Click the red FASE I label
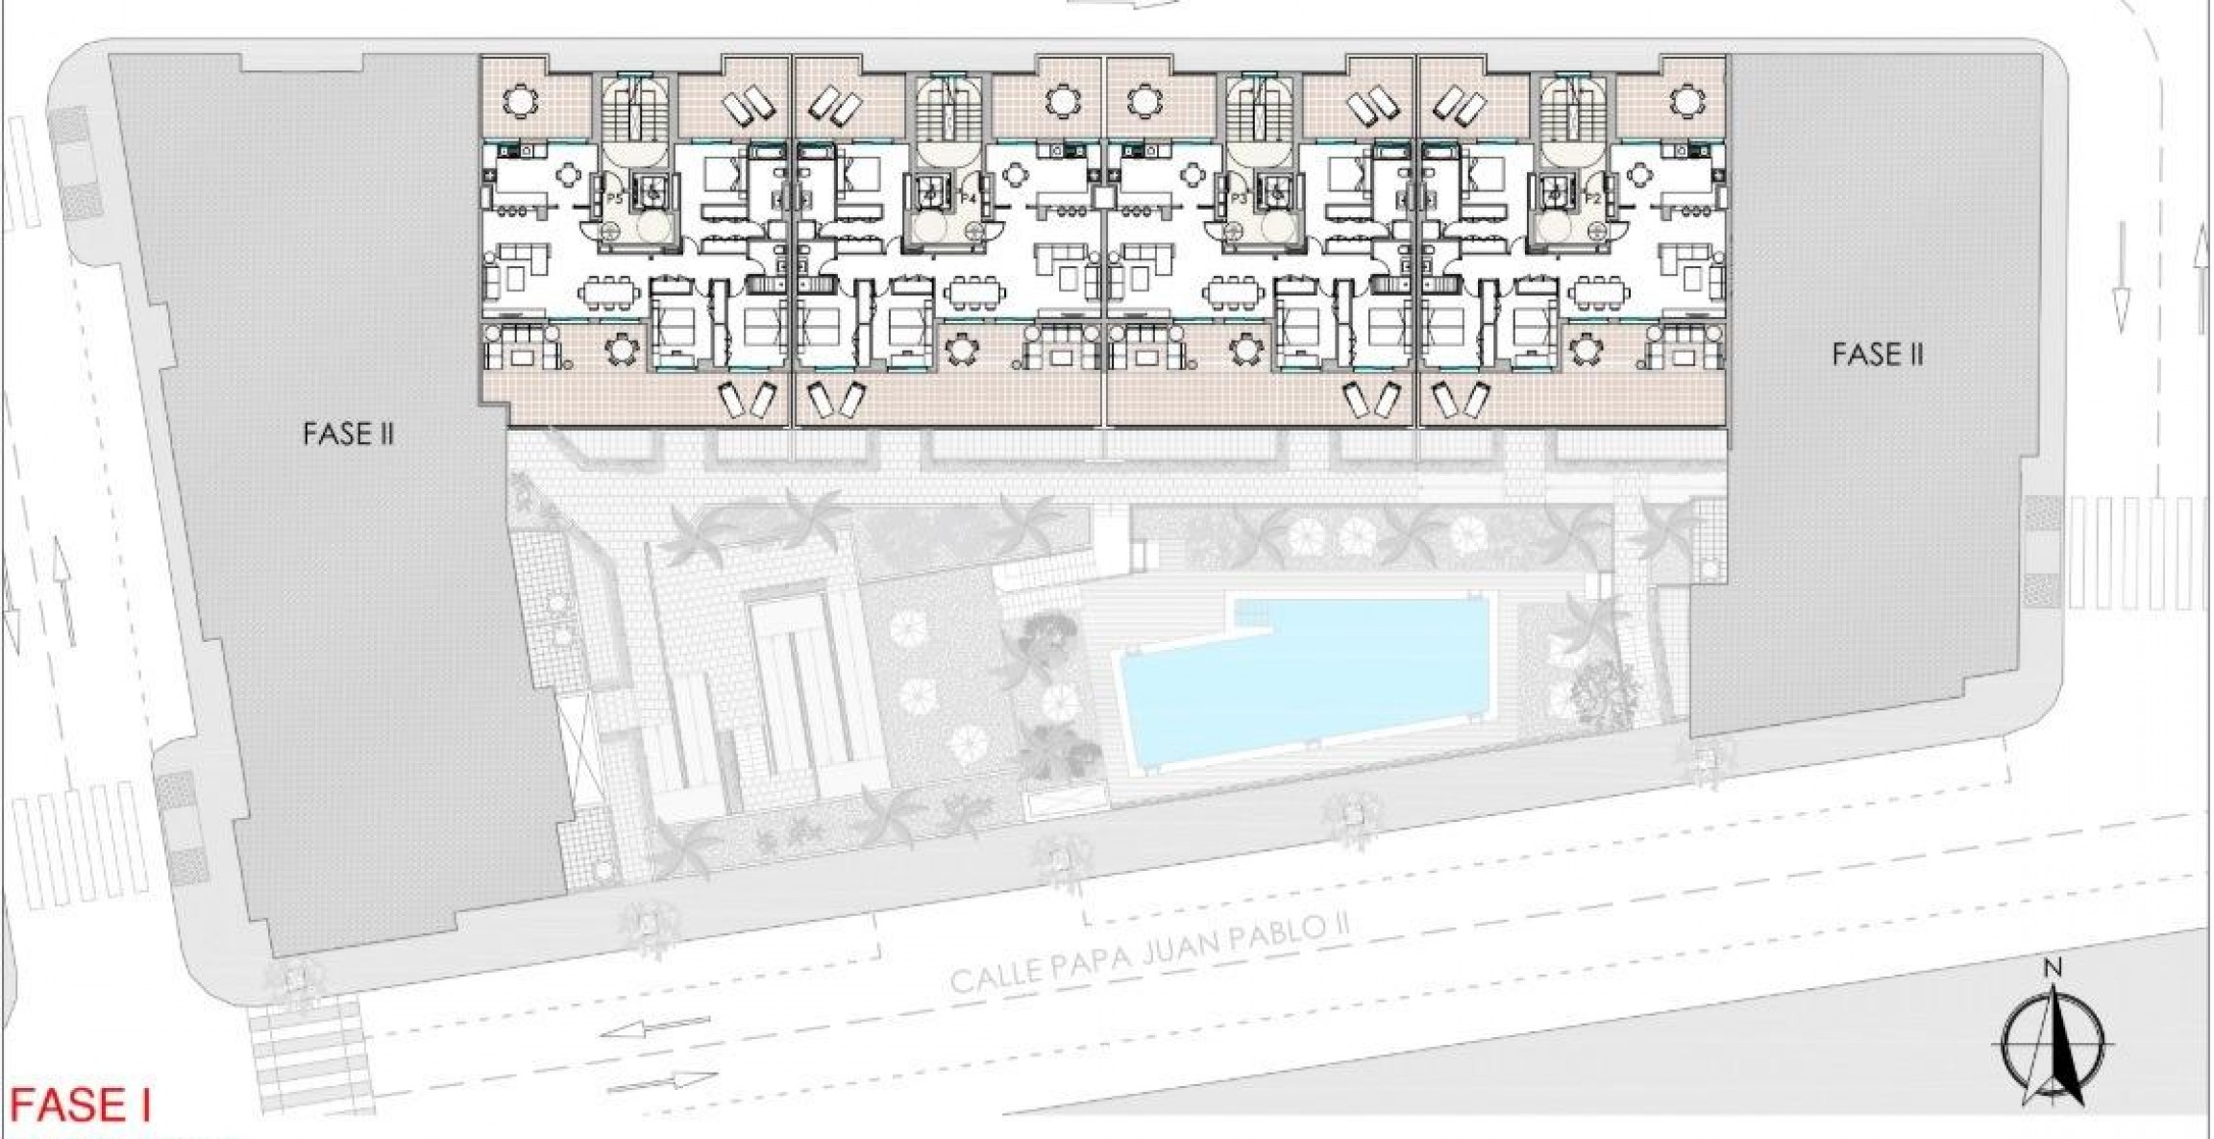tap(81, 1106)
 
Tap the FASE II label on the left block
tap(348, 434)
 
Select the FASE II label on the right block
tap(1877, 355)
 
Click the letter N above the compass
tap(2053, 969)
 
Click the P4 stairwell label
tap(970, 199)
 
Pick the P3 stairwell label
tap(1239, 199)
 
